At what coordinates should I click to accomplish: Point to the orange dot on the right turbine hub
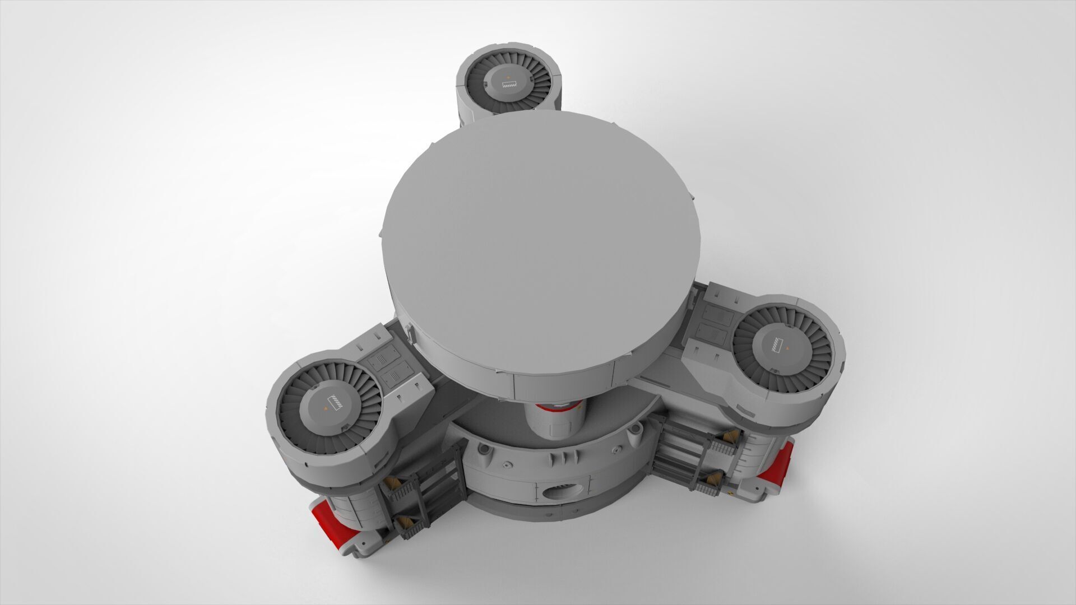pos(788,348)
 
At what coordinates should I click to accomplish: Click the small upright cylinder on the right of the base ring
pos(636,430)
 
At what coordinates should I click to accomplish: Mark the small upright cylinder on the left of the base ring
pos(482,451)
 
